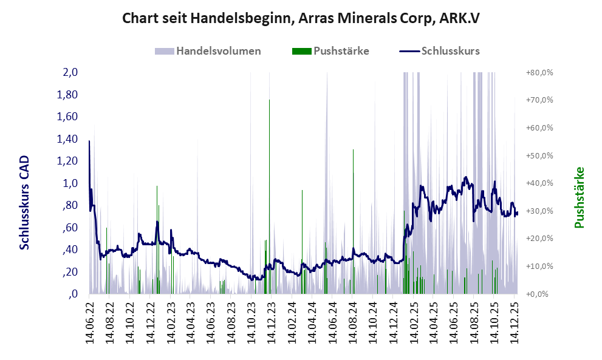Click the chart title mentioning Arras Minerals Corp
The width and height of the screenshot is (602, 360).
point(301,18)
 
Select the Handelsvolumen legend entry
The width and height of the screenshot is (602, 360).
point(208,51)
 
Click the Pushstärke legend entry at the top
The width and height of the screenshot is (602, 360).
point(331,51)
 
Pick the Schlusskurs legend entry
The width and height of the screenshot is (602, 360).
point(440,51)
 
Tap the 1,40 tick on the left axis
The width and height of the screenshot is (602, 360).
point(68,139)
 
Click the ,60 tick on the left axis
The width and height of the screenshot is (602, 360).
point(70,228)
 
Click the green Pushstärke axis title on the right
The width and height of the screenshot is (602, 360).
point(578,197)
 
